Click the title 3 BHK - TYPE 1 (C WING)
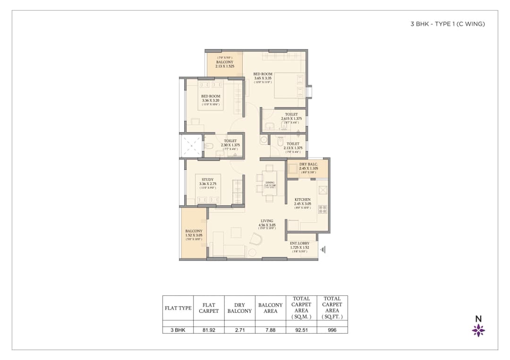pyautogui.click(x=448, y=24)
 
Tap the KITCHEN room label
pyautogui.click(x=303, y=200)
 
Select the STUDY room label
pyautogui.click(x=207, y=180)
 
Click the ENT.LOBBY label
pyautogui.click(x=299, y=243)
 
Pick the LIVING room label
pyautogui.click(x=267, y=221)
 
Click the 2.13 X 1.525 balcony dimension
pyautogui.click(x=225, y=67)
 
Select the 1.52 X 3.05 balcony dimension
pyautogui.click(x=194, y=235)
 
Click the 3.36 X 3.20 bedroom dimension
pyautogui.click(x=211, y=100)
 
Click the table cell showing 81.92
pyautogui.click(x=209, y=330)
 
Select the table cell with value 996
pyautogui.click(x=332, y=330)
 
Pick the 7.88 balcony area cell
pyautogui.click(x=270, y=330)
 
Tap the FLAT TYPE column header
pyautogui.click(x=178, y=308)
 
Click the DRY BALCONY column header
pyautogui.click(x=239, y=308)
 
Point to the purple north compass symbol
pyautogui.click(x=478, y=330)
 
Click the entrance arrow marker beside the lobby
pyautogui.click(x=323, y=250)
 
